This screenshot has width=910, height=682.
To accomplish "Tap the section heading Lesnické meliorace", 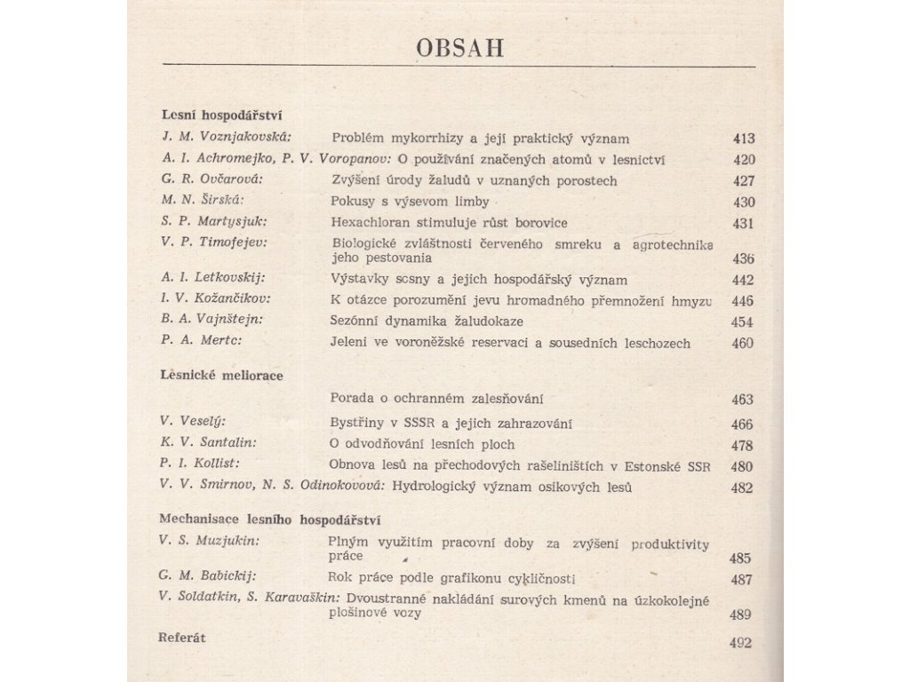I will click(x=220, y=376).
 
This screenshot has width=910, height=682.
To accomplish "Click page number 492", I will click(x=739, y=644).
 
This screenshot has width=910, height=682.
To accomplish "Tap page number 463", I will click(x=742, y=400).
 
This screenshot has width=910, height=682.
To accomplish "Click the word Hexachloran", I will click(x=371, y=221).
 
